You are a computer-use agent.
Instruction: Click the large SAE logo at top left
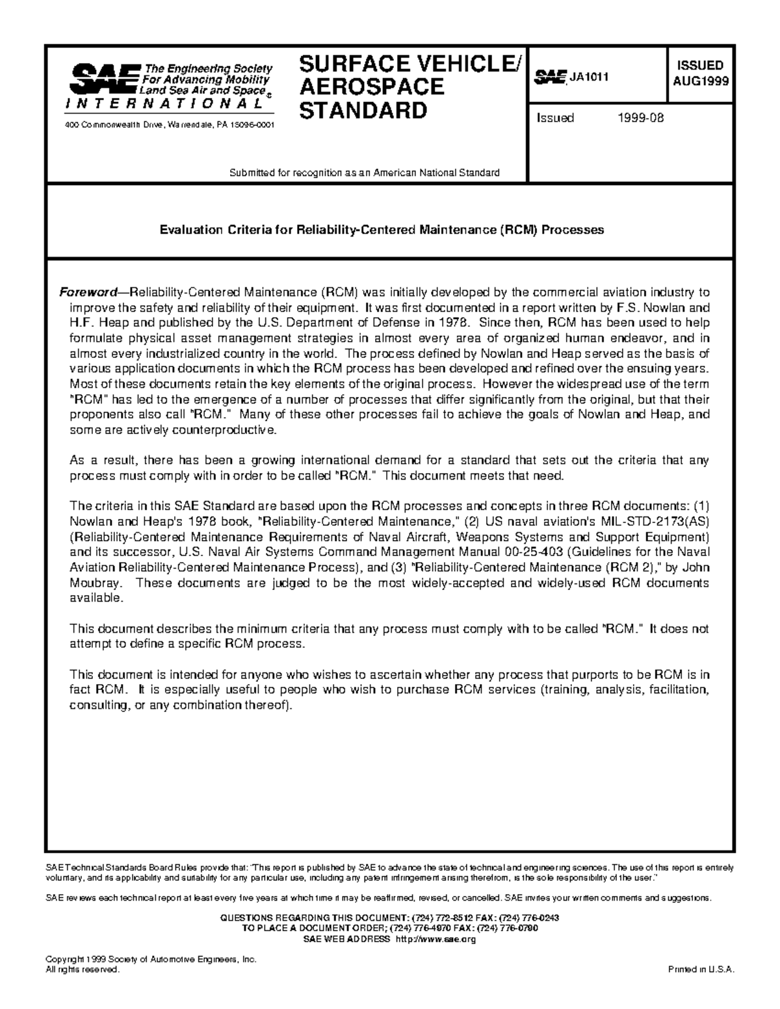point(103,79)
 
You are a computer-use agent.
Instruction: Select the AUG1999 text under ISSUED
point(701,81)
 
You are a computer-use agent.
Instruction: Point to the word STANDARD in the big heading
point(362,110)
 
